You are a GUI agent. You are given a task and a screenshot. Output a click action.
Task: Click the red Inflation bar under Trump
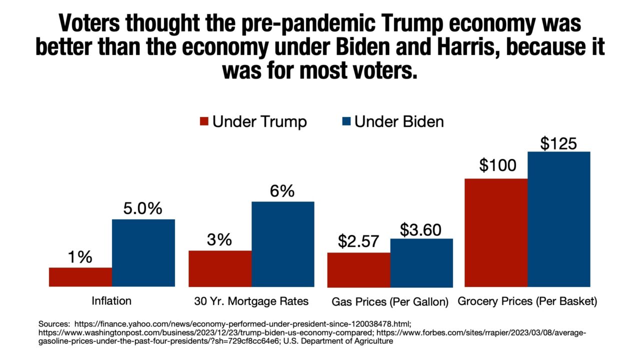point(80,277)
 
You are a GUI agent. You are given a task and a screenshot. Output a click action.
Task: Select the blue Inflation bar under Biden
point(143,252)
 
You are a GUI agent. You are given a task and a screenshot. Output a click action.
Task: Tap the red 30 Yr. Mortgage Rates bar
point(220,268)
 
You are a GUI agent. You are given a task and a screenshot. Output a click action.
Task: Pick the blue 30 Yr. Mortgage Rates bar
point(283,244)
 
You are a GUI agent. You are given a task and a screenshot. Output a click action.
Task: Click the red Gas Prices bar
point(358,269)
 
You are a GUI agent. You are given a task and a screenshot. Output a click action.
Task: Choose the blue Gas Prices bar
point(421,262)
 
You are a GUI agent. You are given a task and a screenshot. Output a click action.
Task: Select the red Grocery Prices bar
point(496,232)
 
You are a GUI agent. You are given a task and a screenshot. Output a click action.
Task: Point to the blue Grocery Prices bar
point(559,219)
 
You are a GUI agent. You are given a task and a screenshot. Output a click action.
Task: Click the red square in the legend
point(204,121)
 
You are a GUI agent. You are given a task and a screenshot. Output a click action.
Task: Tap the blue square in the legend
point(346,121)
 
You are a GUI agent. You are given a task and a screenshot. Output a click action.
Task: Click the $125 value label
point(558,143)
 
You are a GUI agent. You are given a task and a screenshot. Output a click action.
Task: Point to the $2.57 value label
point(358,242)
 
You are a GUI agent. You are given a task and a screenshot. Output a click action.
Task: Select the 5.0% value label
point(143,208)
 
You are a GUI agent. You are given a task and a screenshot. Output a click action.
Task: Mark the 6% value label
point(283,191)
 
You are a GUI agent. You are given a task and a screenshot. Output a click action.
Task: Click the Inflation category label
point(111,301)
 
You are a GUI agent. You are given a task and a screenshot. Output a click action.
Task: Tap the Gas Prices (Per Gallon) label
point(390,302)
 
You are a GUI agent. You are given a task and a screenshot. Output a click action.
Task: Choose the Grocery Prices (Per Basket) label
point(527,302)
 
